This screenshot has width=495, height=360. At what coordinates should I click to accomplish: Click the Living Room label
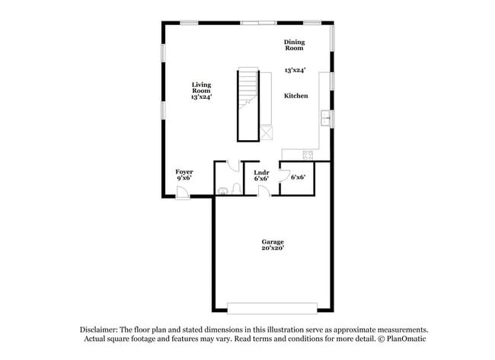coord(201,88)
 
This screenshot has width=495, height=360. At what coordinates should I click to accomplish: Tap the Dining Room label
coord(294,45)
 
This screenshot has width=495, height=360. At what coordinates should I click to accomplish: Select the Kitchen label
coord(295,96)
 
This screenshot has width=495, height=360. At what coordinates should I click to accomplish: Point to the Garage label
coord(273,242)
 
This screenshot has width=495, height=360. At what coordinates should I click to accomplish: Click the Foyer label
coord(184,172)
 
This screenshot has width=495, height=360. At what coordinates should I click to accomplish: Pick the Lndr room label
coord(261,173)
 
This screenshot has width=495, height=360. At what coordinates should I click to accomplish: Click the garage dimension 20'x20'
coord(273,248)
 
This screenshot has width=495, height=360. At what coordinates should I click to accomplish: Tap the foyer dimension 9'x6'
coord(184,178)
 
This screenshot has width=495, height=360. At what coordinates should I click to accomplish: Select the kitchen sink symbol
coord(325,118)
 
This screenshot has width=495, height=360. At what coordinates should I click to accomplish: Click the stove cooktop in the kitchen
coord(308,155)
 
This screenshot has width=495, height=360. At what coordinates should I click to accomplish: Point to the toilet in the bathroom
coord(237,189)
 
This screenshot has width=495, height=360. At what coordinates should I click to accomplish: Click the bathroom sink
coord(222,191)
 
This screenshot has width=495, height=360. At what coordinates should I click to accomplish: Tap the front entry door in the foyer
coord(183,193)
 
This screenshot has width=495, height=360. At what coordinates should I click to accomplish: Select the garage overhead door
coord(272,308)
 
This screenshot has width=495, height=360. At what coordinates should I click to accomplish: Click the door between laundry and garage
coord(264,191)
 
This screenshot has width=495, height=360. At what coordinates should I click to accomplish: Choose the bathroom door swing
coord(233,166)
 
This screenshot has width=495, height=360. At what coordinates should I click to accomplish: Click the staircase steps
coord(248,88)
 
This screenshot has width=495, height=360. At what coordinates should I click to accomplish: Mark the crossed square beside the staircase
coord(267,132)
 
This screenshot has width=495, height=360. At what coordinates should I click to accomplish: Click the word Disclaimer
coord(99,330)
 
